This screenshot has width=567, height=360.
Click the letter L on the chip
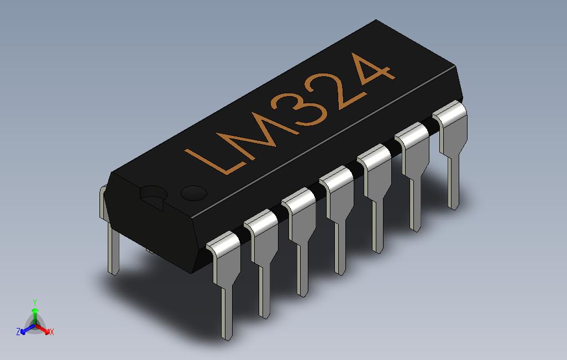pyautogui.click(x=213, y=158)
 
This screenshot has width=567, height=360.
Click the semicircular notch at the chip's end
pyautogui.click(x=154, y=195)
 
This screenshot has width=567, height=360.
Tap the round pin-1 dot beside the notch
pyautogui.click(x=194, y=193)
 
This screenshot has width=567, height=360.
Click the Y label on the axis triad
pyautogui.click(x=34, y=302)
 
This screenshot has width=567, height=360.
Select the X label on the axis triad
pyautogui.click(x=51, y=332)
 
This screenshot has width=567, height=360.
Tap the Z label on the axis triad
pyautogui.click(x=18, y=332)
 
